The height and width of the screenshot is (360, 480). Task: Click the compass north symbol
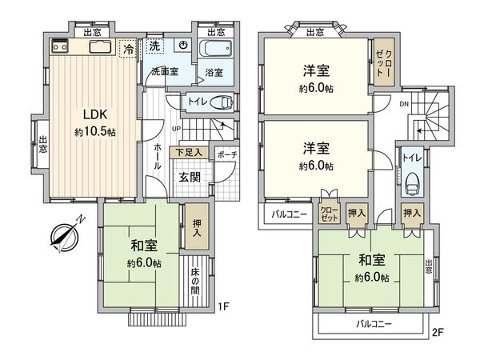tap(62, 237)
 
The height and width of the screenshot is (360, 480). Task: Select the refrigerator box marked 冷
tap(128, 50)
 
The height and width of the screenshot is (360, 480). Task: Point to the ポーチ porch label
tap(226, 154)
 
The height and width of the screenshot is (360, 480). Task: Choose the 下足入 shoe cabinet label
tap(190, 152)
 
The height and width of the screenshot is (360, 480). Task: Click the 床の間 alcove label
tap(195, 282)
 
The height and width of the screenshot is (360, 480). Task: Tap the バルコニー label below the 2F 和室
tap(374, 325)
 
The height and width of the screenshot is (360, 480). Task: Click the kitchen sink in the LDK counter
tap(99, 46)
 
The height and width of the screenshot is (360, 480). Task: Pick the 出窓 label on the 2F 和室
tap(430, 267)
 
